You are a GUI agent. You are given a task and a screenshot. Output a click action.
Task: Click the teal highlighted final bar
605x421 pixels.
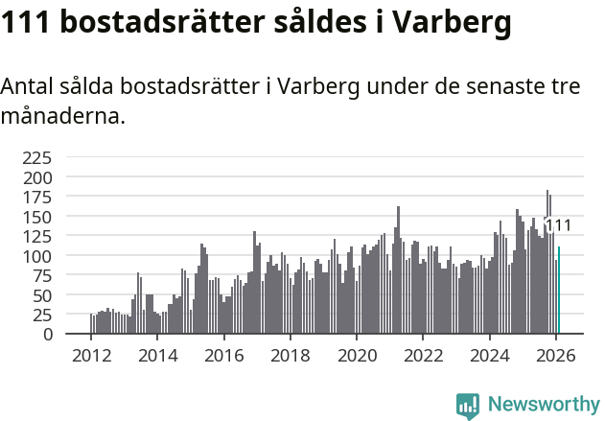[559, 291]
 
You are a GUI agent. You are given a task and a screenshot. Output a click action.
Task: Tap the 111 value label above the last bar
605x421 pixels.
[558, 226]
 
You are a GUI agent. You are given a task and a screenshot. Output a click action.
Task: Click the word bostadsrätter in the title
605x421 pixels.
[160, 24]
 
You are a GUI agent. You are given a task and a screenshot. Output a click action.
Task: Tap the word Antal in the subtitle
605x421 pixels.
[28, 86]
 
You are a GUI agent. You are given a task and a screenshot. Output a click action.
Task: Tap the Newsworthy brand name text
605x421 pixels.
[544, 405]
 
